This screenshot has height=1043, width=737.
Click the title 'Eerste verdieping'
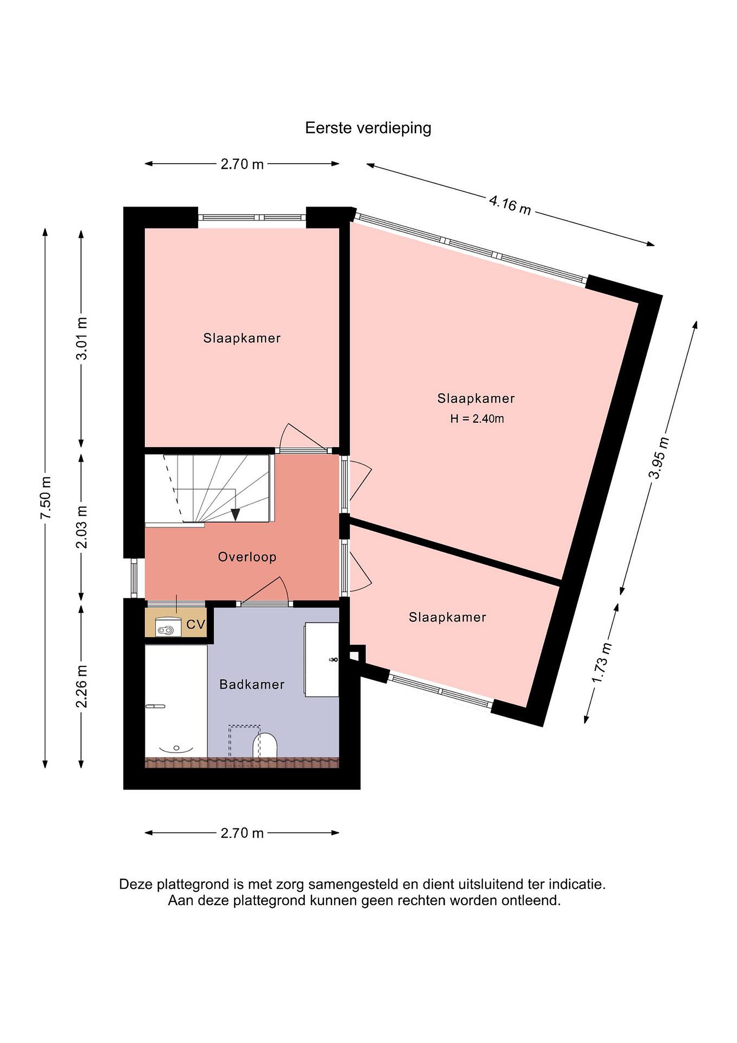(368, 129)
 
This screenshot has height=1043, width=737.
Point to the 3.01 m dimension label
(82, 338)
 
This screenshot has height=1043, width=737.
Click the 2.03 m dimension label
(82, 527)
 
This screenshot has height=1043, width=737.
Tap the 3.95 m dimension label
(659, 457)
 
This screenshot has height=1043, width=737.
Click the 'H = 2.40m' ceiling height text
(477, 419)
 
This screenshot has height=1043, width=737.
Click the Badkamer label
(252, 684)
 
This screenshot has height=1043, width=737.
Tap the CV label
(196, 625)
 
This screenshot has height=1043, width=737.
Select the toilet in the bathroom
(264, 745)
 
